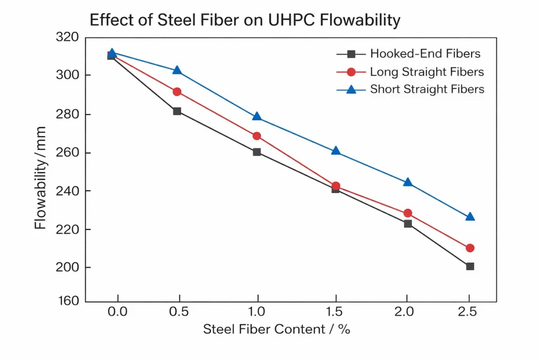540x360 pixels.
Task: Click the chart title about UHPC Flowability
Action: (245, 21)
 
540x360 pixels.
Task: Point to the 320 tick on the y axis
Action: (66, 37)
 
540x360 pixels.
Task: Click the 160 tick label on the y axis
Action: (66, 301)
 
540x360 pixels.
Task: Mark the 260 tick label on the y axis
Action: (66, 153)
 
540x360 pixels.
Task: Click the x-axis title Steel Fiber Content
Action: (277, 330)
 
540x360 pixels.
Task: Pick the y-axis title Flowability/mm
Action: (40, 178)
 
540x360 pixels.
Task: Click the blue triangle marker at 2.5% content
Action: (470, 217)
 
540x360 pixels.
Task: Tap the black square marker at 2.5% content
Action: (470, 266)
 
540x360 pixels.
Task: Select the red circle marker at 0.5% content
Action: (177, 92)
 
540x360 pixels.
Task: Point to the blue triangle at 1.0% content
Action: (257, 116)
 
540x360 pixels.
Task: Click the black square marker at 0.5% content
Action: (177, 111)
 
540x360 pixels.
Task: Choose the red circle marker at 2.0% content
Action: (408, 213)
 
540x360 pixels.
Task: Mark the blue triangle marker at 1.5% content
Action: (335, 151)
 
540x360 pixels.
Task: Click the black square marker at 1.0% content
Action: (257, 152)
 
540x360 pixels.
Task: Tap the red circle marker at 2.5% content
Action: (470, 248)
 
